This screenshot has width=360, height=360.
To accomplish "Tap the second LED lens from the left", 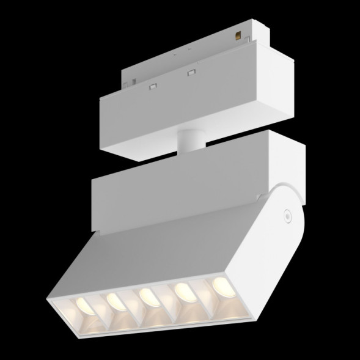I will point(112,299).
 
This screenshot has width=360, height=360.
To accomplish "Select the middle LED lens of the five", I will point(146,295).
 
